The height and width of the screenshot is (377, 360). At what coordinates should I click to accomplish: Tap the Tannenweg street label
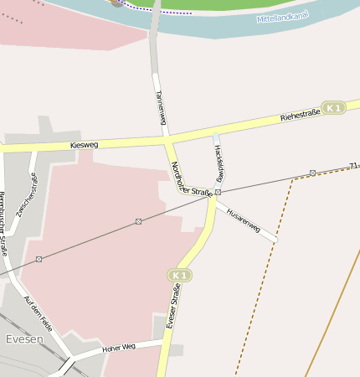point(160,108)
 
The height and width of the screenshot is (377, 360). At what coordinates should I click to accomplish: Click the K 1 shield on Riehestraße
point(334,108)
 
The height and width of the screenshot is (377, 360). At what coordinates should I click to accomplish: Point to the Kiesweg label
point(85,145)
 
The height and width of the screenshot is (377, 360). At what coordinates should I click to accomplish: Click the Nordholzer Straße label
point(189,178)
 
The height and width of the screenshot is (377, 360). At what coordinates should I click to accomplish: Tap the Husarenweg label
point(244,216)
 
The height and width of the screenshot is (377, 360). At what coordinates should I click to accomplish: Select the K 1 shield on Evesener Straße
point(178,275)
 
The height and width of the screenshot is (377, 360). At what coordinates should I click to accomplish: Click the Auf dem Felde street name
point(39,312)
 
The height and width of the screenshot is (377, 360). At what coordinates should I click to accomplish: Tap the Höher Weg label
point(118,347)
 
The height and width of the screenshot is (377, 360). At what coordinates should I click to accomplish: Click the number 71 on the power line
point(353,166)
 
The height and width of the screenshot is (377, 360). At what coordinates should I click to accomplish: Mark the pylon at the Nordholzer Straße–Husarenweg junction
point(218,192)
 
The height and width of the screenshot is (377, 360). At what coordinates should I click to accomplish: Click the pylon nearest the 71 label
point(312,173)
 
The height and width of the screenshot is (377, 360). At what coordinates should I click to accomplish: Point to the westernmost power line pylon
point(39,259)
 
